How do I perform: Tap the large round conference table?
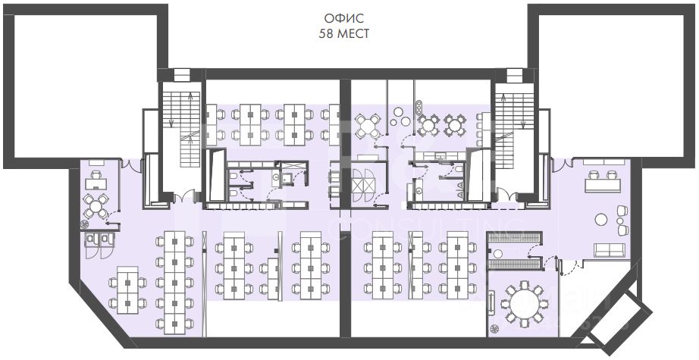tap(522, 304)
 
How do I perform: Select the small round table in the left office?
tap(99, 203)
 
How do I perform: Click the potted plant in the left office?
tap(87, 223)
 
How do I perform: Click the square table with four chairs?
tap(368, 126)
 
